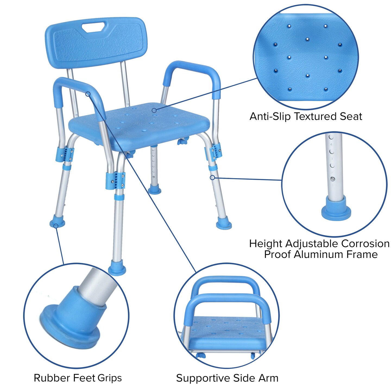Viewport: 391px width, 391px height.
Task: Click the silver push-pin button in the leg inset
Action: pos(332,179)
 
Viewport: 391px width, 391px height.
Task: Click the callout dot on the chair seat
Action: pos(154,110)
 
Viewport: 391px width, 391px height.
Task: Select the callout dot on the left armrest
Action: pos(88,94)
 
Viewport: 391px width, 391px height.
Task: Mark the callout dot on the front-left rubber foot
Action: pos(56,226)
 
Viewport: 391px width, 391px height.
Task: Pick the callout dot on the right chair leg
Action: pos(212,178)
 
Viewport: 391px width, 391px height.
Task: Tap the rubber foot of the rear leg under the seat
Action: pos(154,189)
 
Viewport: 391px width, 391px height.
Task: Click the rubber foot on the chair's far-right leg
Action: pos(224,225)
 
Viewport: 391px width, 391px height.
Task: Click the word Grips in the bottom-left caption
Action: pos(110,378)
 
